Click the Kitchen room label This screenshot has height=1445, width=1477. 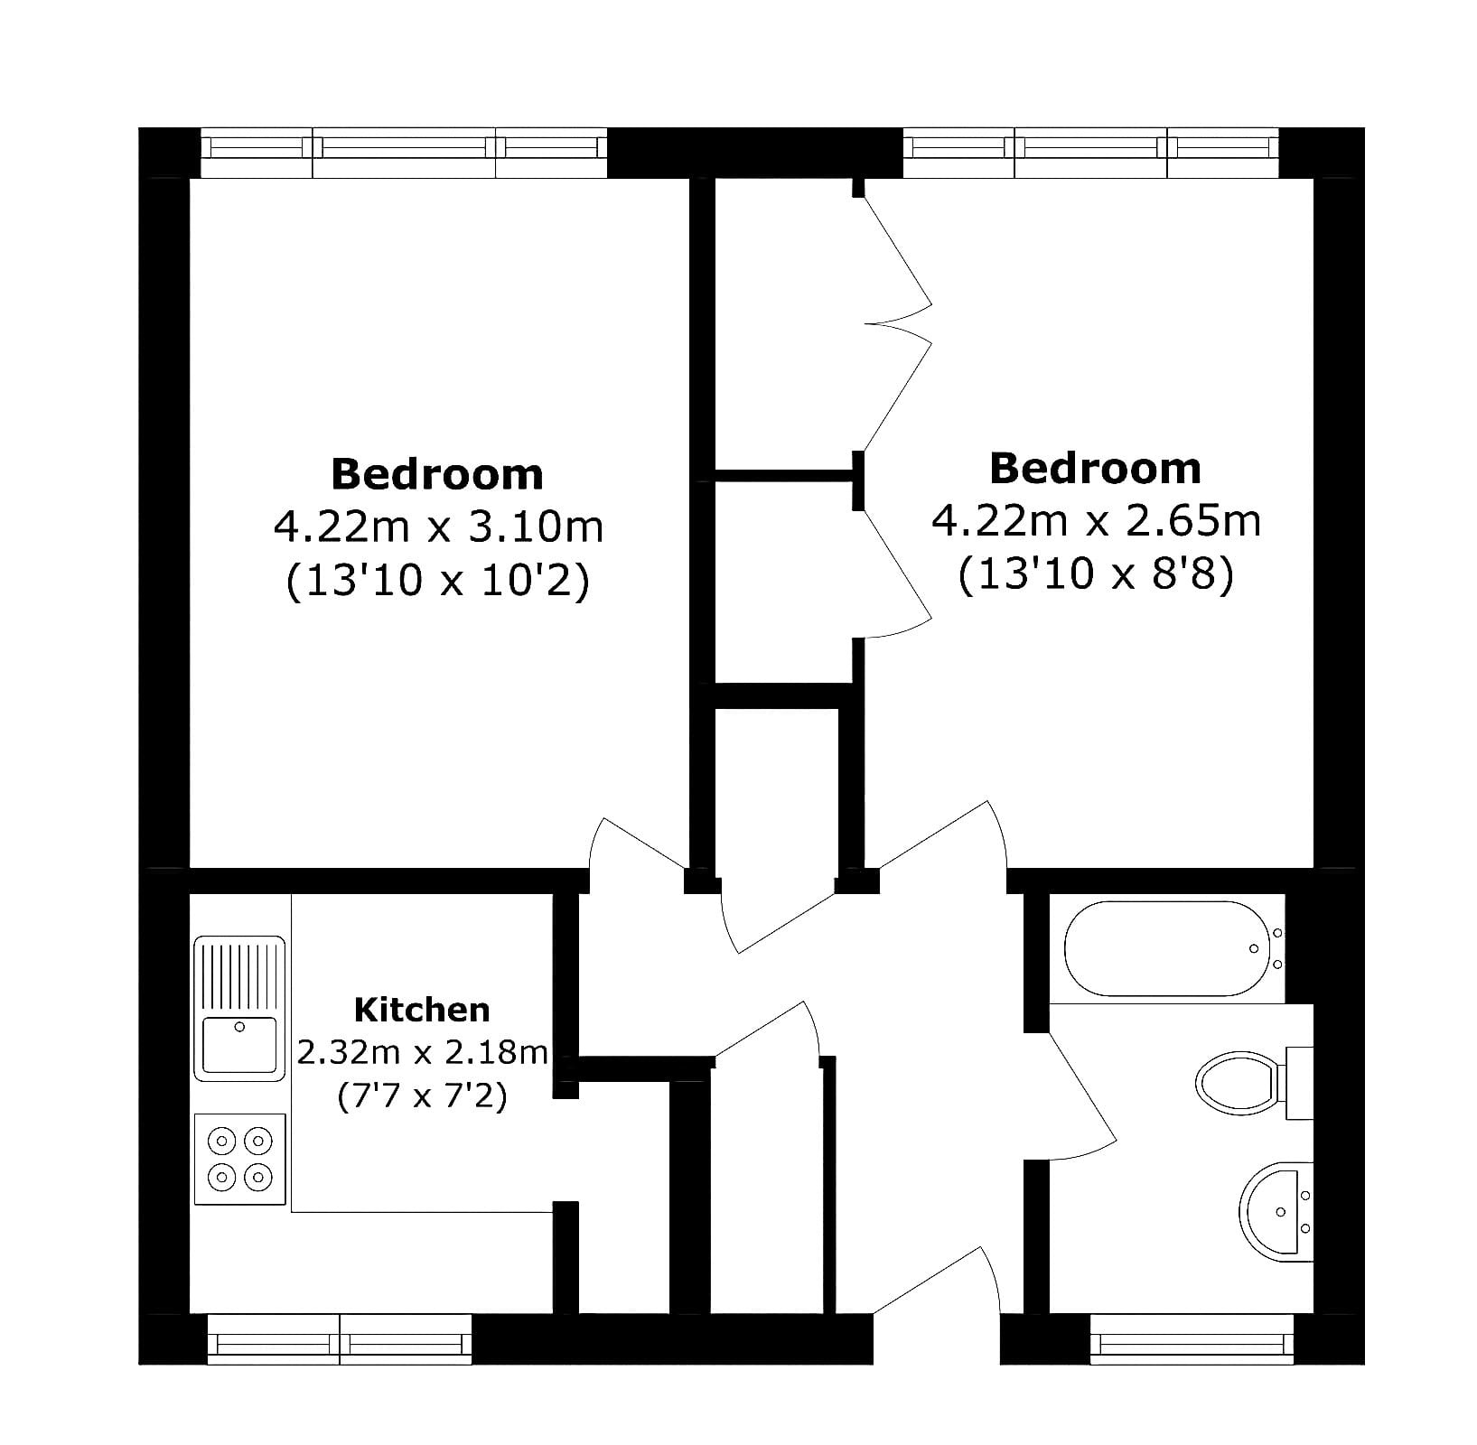point(422,1009)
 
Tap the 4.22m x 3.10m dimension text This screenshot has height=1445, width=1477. point(438,527)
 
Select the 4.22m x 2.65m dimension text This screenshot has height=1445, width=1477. point(1096,521)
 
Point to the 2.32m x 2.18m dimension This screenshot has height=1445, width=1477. point(423,1052)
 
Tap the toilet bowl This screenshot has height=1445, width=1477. point(1237,1080)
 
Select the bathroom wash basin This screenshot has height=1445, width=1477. point(1276,1210)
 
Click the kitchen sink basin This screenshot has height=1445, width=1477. point(239,1044)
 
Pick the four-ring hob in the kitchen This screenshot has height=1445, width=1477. point(240,1159)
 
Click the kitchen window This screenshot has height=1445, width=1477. point(340,1338)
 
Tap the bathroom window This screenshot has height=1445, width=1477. point(1192,1338)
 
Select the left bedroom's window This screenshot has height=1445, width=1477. point(403,153)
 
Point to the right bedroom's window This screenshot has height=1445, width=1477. point(1091,153)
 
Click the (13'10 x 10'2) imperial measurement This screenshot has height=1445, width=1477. point(438,581)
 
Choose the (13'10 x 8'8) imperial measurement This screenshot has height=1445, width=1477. point(1096,575)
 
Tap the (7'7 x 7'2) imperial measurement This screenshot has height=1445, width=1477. point(422,1097)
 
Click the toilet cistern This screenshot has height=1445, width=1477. point(1299,1083)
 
